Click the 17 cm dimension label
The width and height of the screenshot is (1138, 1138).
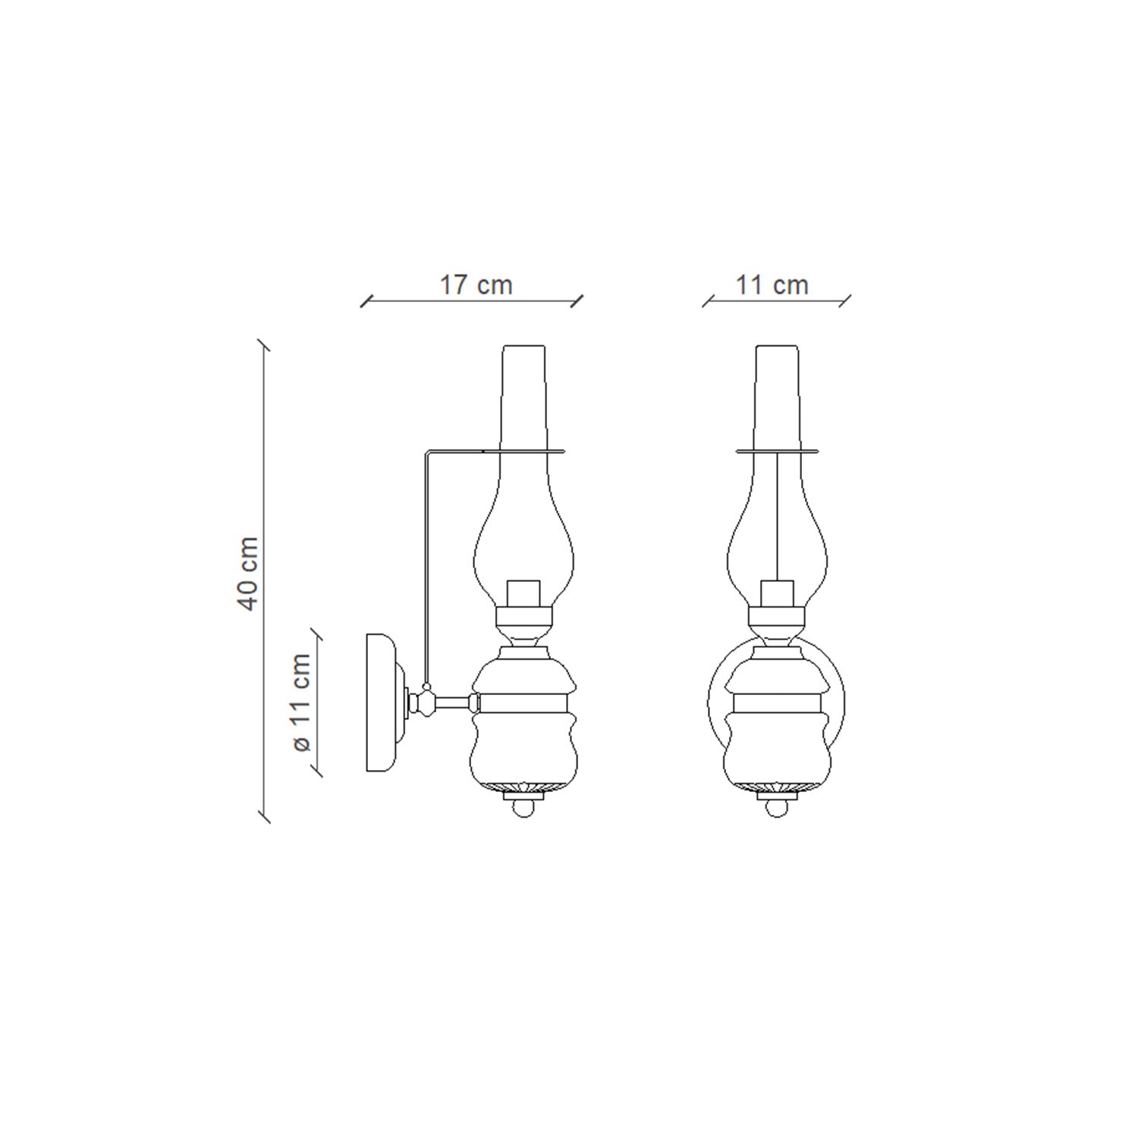(476, 285)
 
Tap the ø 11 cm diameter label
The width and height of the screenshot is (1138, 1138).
(301, 703)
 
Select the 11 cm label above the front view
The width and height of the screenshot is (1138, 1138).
(772, 285)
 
